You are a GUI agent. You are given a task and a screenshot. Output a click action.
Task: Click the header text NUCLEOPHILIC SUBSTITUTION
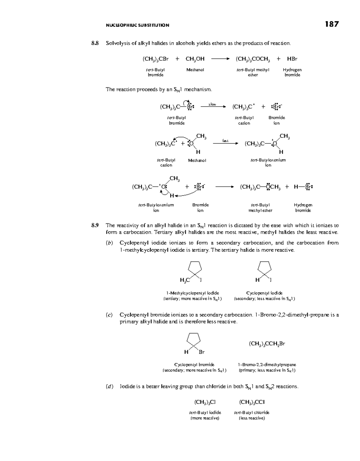click(137, 25)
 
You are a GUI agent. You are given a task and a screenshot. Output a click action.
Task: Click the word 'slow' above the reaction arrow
click(212, 104)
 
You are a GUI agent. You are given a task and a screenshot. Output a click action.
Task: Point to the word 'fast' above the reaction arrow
click(225, 140)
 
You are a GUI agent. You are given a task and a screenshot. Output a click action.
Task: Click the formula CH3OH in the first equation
click(195, 59)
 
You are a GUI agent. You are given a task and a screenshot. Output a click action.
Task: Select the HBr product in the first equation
click(292, 59)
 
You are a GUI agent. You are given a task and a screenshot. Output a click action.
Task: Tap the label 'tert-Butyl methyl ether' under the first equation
click(253, 72)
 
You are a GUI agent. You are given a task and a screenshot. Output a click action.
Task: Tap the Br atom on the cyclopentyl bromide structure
click(202, 351)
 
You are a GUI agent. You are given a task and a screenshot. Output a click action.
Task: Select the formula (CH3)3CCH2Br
click(267, 344)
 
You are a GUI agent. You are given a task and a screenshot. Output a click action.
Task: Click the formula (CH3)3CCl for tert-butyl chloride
click(252, 402)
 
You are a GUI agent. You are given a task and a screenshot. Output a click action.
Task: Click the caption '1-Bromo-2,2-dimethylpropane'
click(267, 365)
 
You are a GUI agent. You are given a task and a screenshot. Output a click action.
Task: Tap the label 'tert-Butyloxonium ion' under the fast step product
click(268, 162)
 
